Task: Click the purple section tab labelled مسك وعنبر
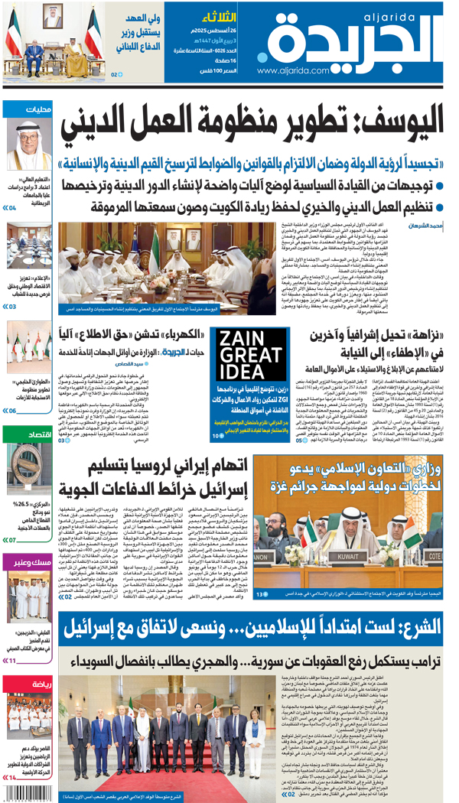pos(32,564)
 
